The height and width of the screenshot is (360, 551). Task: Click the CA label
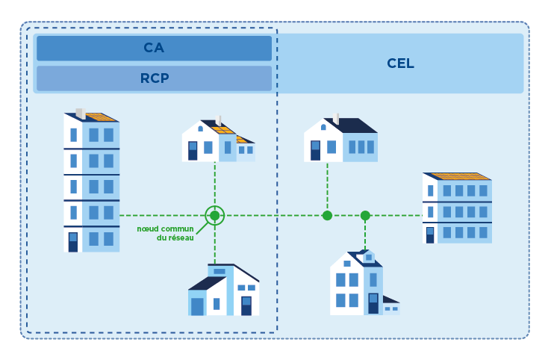[154, 49]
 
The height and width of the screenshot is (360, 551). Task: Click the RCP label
[154, 78]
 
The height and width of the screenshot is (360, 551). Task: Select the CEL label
[400, 63]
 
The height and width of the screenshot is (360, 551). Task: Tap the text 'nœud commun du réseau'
[166, 233]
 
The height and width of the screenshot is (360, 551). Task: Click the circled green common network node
[215, 216]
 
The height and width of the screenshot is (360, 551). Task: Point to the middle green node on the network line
[327, 216]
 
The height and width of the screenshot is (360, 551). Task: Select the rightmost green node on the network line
[365, 216]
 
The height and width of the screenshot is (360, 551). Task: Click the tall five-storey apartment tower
[91, 183]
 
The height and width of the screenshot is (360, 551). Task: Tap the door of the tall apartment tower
[73, 242]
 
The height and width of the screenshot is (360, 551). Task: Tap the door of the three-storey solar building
[430, 235]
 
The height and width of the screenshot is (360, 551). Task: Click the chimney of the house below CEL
[335, 118]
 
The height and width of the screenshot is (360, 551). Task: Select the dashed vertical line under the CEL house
[327, 187]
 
